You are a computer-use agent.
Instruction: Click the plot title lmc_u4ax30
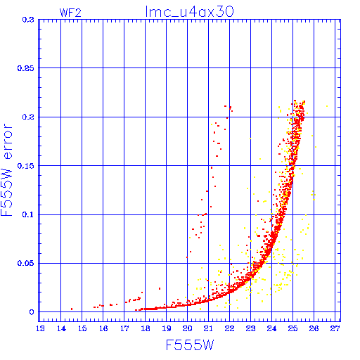[x=189, y=12]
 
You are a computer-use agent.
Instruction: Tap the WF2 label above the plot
[x=70, y=13]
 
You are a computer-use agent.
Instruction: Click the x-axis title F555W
[x=190, y=345]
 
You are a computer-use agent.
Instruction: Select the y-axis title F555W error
[x=7, y=170]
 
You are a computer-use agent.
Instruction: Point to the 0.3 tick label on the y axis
[x=28, y=20]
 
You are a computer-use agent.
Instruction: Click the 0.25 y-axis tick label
[x=26, y=68]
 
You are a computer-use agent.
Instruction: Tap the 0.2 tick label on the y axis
[x=28, y=117]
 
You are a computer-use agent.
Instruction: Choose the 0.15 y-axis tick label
[x=26, y=166]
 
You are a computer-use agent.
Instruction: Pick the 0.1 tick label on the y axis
[x=28, y=214]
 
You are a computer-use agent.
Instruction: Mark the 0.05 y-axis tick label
[x=26, y=263]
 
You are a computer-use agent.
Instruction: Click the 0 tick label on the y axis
[x=32, y=312]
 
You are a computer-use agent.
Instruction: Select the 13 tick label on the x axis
[x=40, y=328]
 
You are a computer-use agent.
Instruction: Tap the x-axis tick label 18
[x=146, y=328]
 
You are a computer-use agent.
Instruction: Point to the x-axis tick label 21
[x=208, y=328]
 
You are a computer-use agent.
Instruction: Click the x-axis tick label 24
[x=271, y=328]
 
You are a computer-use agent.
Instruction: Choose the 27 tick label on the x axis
[x=335, y=328]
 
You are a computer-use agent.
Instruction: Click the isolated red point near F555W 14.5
[x=72, y=309]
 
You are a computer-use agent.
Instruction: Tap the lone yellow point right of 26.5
[x=327, y=106]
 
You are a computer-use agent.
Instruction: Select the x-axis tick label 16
[x=103, y=328]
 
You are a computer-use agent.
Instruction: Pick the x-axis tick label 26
[x=314, y=328]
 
